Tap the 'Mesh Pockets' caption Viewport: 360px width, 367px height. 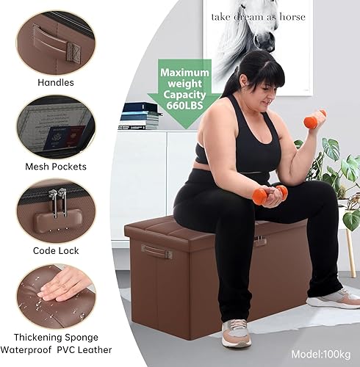(x=55, y=167)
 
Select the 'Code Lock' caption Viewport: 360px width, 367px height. (x=55, y=250)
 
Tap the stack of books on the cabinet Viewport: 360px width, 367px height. (x=140, y=116)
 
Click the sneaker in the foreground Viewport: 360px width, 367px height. (x=236, y=333)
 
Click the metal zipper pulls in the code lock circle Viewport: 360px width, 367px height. (x=57, y=201)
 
